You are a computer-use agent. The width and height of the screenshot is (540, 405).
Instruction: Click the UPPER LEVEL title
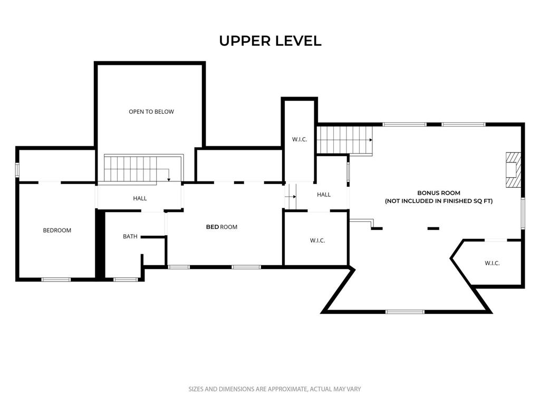click(271, 41)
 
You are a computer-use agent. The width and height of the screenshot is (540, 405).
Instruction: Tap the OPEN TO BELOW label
click(151, 112)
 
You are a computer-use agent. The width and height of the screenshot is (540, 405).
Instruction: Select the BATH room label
click(130, 236)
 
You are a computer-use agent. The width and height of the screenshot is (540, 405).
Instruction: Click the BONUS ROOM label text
click(439, 193)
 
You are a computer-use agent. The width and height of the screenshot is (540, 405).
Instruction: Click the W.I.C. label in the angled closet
click(492, 263)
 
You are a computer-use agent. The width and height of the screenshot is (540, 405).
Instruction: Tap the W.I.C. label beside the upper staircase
click(300, 139)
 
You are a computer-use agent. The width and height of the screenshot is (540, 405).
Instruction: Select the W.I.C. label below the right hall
click(317, 240)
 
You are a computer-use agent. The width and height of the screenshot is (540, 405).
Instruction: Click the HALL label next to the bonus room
click(324, 195)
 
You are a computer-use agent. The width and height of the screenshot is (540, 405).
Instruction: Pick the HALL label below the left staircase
click(140, 198)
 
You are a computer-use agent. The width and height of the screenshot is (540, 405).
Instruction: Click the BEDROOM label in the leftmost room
click(57, 230)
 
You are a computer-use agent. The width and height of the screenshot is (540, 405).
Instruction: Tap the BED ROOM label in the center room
click(221, 227)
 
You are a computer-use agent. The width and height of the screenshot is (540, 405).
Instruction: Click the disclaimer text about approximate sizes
click(274, 389)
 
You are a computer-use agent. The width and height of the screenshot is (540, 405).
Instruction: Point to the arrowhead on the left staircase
click(169, 179)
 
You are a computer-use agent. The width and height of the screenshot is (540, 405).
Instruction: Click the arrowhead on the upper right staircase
click(371, 140)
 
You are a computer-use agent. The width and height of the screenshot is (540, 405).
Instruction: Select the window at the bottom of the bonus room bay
click(404, 312)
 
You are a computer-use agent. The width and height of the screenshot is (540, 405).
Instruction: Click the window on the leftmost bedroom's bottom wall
click(56, 279)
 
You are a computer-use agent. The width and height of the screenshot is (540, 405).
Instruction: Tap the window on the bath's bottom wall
click(126, 279)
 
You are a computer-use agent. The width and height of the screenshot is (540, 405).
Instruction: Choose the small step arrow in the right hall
click(291, 197)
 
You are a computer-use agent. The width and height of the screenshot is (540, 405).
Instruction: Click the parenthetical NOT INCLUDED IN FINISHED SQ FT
click(439, 201)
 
